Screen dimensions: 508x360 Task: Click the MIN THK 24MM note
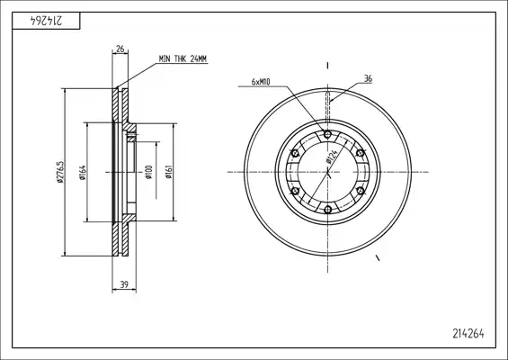point(183,59)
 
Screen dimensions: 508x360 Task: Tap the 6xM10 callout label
point(261,82)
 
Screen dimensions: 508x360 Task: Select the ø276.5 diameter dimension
point(60,172)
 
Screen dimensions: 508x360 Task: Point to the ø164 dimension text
point(83,173)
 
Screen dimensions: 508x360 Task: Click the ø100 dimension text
point(148,172)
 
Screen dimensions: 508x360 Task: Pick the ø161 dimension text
point(168,172)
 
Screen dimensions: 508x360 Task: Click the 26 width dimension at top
point(120,49)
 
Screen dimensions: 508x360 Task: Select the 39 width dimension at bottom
point(124,284)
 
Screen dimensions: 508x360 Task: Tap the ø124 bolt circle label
point(332,156)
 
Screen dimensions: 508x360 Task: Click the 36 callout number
point(368,79)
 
